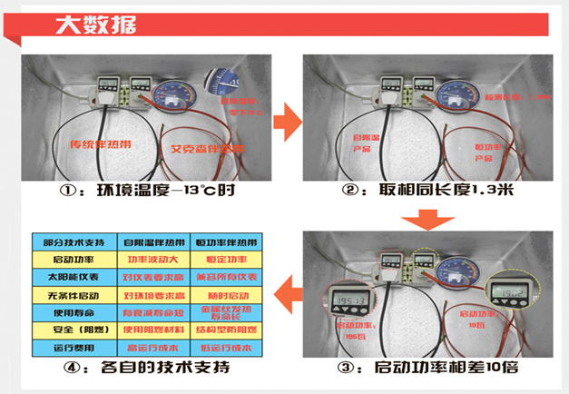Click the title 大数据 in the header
click(x=87, y=25)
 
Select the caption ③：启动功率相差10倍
click(x=426, y=369)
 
